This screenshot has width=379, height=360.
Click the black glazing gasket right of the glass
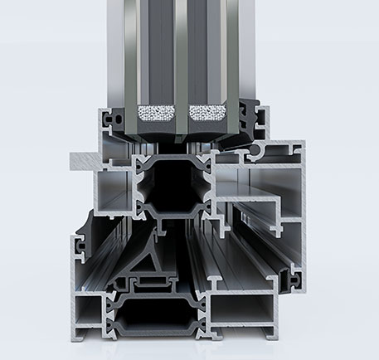coord(249,116)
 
